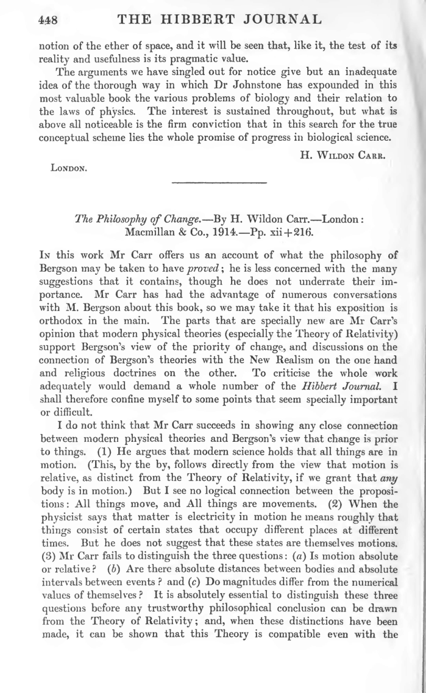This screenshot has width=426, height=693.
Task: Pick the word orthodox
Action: (61, 324)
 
